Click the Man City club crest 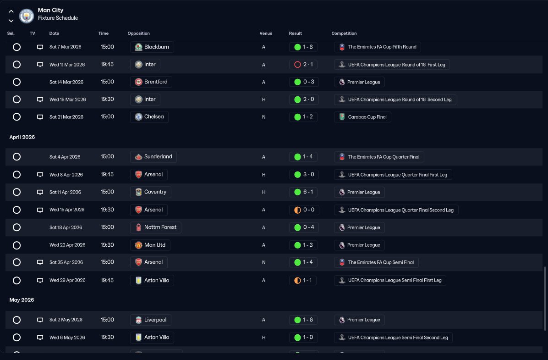(27, 16)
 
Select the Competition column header (344, 33)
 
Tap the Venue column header (266, 33)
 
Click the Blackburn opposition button (152, 47)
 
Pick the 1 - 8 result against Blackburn (303, 47)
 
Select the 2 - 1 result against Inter (303, 64)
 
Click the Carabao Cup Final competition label (362, 117)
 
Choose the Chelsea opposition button (149, 117)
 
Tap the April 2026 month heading (22, 137)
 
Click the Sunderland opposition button (153, 157)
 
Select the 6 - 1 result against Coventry (303, 192)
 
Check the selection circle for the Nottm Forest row (16, 227)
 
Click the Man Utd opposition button (150, 245)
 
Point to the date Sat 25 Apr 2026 (66, 262)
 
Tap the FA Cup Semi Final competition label (376, 262)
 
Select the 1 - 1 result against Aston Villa (303, 280)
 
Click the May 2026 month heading (22, 300)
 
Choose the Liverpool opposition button (151, 320)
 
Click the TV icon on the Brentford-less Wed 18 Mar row (40, 100)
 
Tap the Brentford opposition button (151, 82)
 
